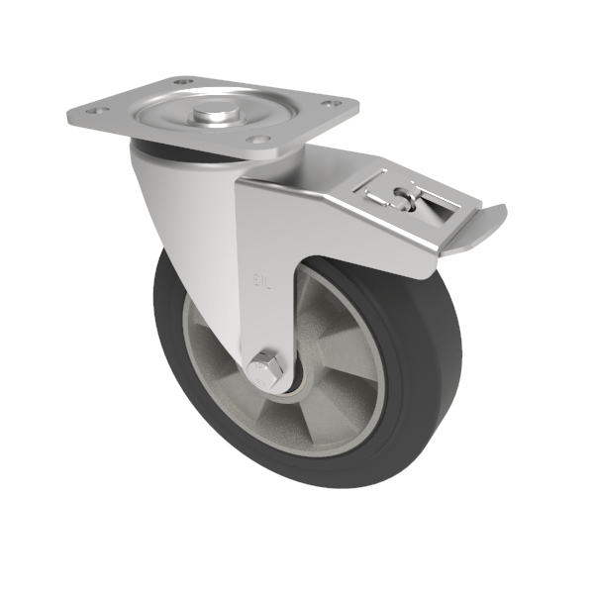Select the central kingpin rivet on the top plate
click(x=214, y=116)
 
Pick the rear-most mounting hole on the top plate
click(x=181, y=81)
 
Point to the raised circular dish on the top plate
click(x=214, y=111)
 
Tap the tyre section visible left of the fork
click(x=173, y=327)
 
